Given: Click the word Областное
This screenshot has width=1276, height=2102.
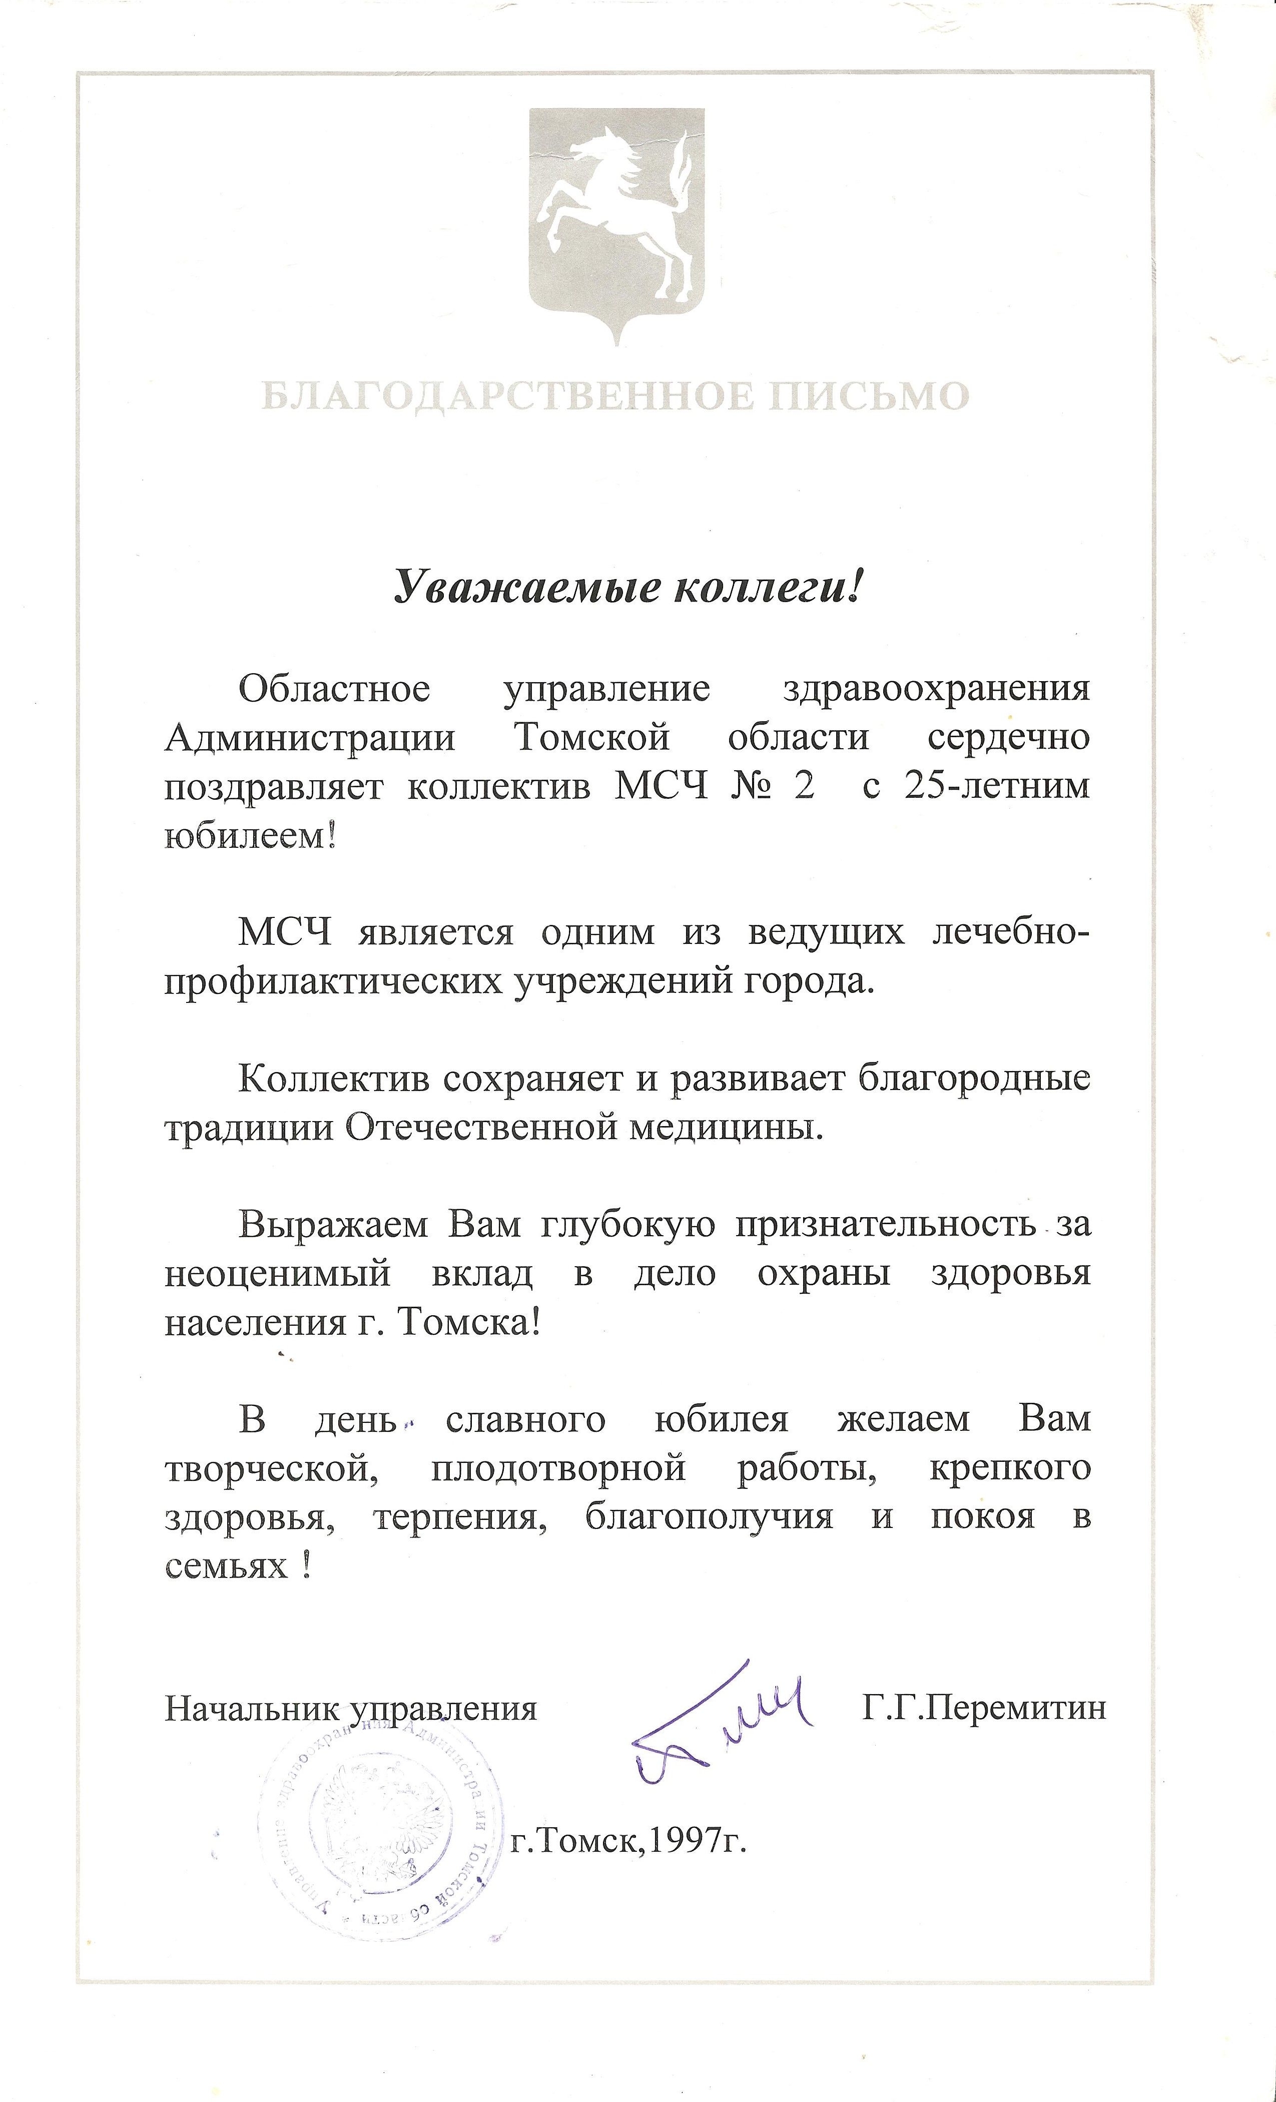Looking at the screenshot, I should click(334, 689).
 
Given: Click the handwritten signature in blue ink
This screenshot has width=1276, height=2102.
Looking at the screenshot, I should click(717, 1723).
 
